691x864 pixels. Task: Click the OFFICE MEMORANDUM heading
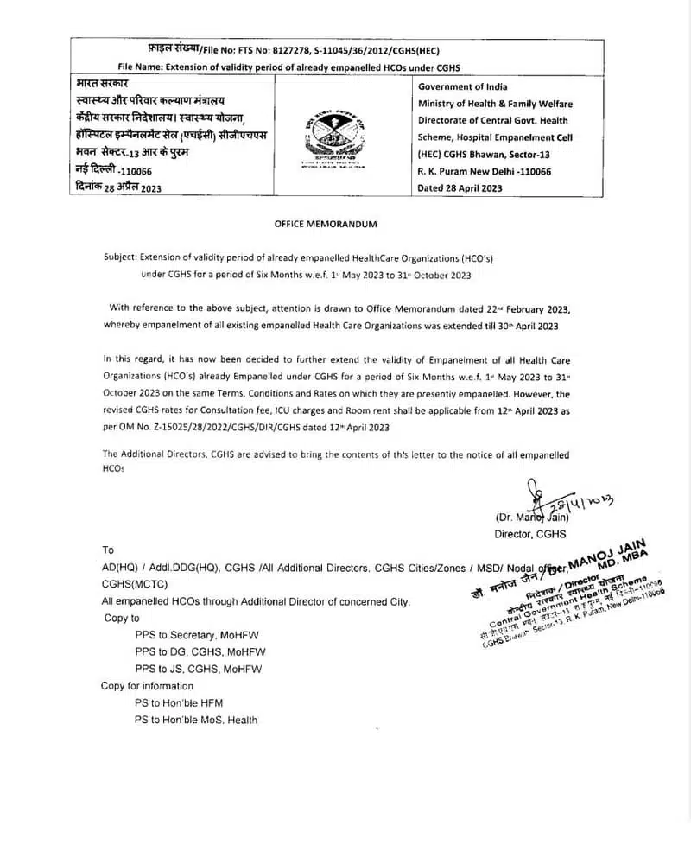326,224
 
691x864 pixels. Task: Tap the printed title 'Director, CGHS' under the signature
529,535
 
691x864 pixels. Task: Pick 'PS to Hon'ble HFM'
179,703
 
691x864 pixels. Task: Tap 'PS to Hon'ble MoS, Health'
196,720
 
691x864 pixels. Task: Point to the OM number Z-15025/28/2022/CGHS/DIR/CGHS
239,426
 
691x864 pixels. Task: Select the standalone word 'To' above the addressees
108,550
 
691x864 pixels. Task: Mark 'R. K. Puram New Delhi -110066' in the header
484,171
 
